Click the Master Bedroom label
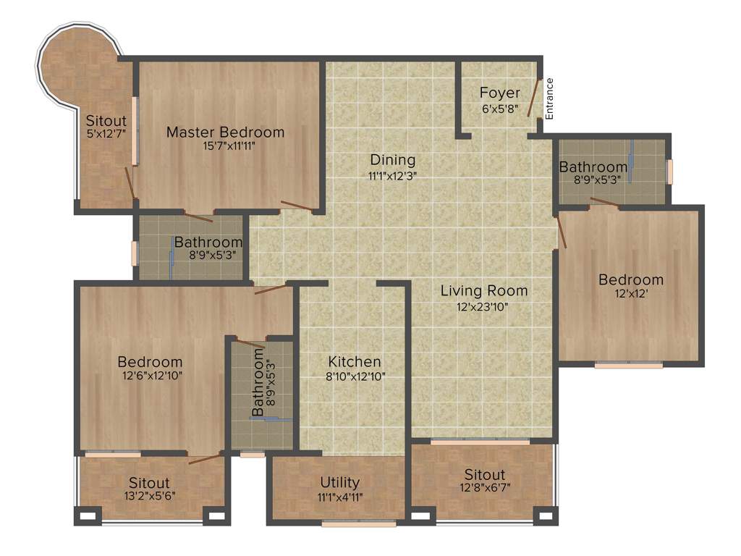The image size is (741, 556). tap(225, 132)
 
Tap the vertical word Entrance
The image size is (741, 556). tap(549, 98)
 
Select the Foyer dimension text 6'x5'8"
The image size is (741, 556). tap(500, 109)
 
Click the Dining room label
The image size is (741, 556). tap(393, 160)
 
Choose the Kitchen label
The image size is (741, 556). tap(355, 361)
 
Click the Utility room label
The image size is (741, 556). tap(340, 482)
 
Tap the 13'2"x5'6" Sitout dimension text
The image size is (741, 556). tap(149, 496)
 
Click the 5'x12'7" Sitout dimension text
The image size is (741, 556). tap(106, 134)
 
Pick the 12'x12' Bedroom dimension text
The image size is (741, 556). tap(630, 294)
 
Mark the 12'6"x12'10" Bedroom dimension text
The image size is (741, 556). tap(150, 376)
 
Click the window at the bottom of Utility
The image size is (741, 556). tap(359, 523)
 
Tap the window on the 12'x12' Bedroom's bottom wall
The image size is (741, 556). tap(628, 366)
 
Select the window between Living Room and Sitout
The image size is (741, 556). tap(480, 441)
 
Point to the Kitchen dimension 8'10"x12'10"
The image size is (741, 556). tap(355, 376)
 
